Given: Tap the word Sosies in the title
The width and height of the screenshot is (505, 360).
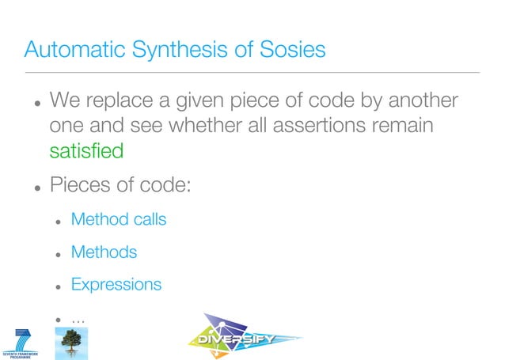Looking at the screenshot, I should pyautogui.click(x=292, y=50).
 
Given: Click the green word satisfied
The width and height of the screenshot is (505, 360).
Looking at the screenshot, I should pyautogui.click(x=86, y=150).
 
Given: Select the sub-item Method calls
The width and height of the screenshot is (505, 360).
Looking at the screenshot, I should pyautogui.click(x=119, y=219).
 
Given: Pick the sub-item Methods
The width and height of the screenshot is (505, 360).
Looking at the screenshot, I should pyautogui.click(x=104, y=252).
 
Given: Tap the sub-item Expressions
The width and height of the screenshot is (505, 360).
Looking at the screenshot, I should pyautogui.click(x=116, y=284).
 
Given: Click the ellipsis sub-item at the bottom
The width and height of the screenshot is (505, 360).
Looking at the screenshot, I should pyautogui.click(x=78, y=318).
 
